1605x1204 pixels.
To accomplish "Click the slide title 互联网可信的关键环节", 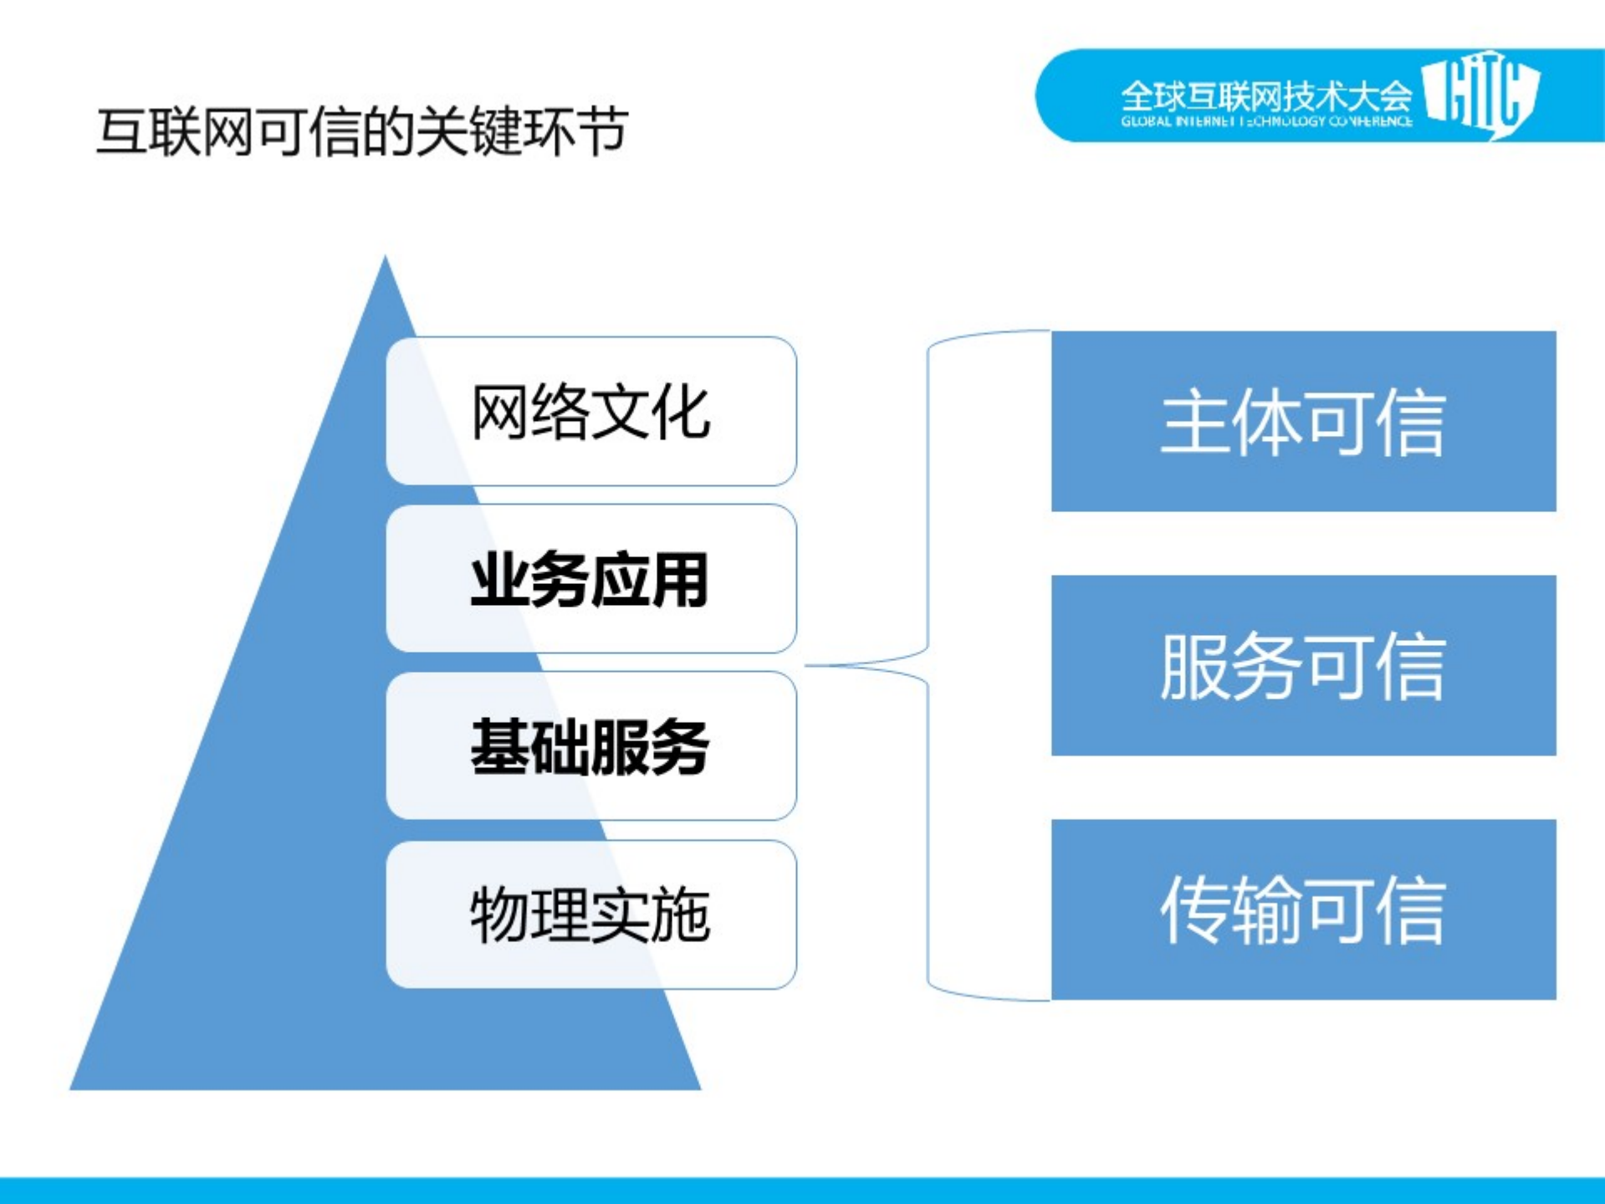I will [362, 131].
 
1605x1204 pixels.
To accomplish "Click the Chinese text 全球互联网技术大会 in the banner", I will [1265, 95].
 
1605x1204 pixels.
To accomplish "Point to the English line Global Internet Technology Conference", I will [1265, 121].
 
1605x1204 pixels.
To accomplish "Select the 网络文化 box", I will [590, 411].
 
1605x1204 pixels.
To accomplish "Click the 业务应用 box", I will [590, 579].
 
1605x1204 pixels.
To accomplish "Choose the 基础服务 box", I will [590, 746].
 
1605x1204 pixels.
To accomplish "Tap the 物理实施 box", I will [590, 915].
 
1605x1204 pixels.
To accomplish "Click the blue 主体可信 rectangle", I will [1303, 421].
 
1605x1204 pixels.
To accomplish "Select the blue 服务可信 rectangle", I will [1303, 665].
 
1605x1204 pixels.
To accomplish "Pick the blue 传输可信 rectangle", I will [1303, 909].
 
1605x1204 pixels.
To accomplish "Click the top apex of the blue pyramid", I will [385, 261].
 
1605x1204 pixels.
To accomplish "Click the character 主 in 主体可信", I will [1195, 423].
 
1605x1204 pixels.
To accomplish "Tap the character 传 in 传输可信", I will [1195, 910].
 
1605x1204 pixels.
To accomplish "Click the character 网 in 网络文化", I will [500, 412].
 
